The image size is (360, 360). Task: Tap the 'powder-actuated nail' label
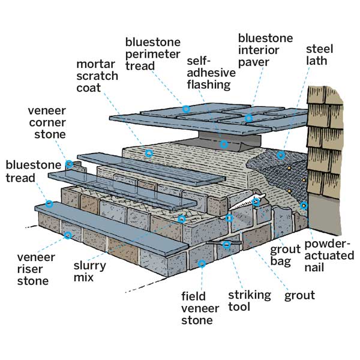pyautogui.click(x=329, y=256)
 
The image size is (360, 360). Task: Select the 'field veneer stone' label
pyautogui.click(x=197, y=308)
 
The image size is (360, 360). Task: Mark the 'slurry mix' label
pyautogui.click(x=90, y=272)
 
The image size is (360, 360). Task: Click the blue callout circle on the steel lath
pyautogui.click(x=280, y=156)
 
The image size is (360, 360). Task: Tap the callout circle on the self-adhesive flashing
pyautogui.click(x=224, y=144)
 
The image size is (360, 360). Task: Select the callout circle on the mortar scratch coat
pyautogui.click(x=149, y=154)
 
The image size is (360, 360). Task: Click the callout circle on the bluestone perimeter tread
pyautogui.click(x=186, y=109)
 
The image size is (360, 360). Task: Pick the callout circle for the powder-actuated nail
pyautogui.click(x=304, y=206)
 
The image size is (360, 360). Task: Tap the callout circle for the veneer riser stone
pyautogui.click(x=68, y=235)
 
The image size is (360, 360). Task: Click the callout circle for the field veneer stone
pyautogui.click(x=202, y=263)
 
